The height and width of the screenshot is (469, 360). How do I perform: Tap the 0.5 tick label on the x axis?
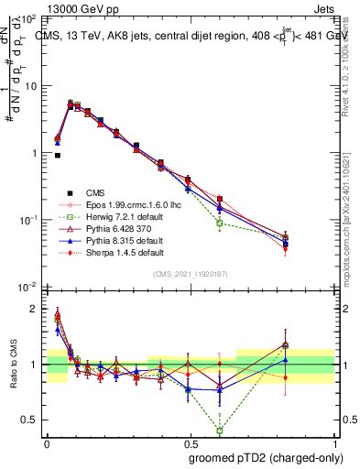coord(189,442)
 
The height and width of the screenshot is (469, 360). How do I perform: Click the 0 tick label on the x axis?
coord(47,442)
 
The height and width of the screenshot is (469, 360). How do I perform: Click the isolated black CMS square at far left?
coord(58,156)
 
